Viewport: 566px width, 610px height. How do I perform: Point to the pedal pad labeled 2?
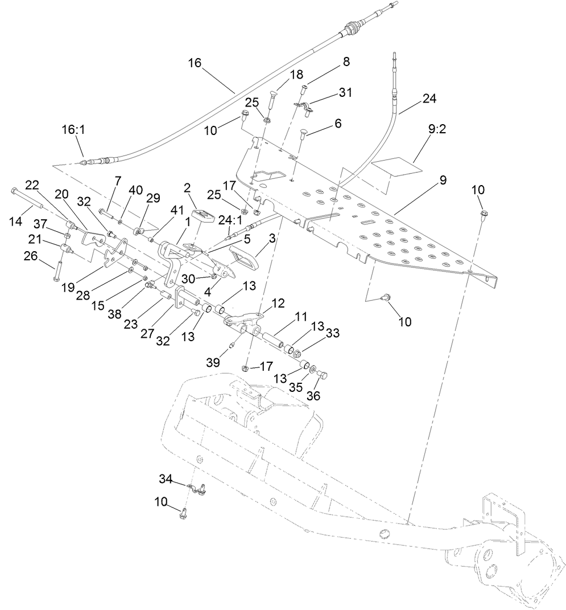tap(201, 217)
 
